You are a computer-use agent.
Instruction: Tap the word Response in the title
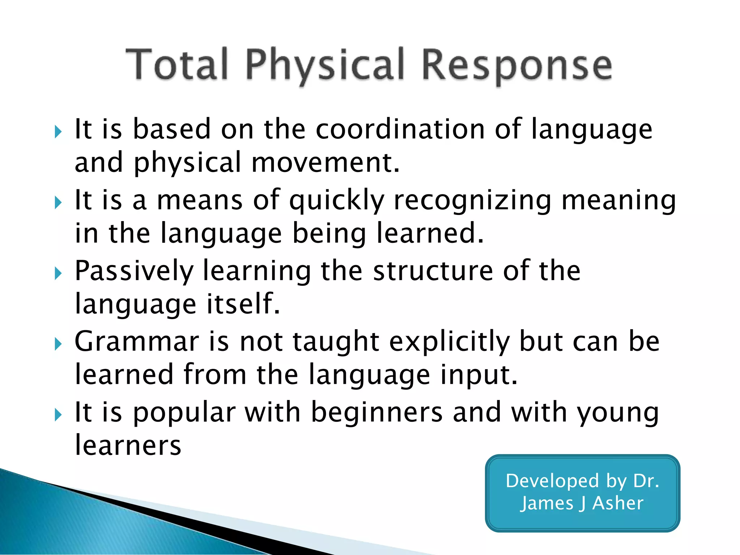[x=517, y=65]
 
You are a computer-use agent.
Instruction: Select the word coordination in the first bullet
[x=400, y=129]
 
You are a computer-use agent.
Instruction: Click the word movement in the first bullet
[x=325, y=163]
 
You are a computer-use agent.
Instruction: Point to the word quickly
[x=337, y=201]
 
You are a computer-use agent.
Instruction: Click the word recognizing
[x=472, y=201]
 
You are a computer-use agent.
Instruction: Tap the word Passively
[x=134, y=271]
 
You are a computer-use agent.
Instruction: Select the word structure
[x=433, y=271]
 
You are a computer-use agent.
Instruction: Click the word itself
[x=243, y=304]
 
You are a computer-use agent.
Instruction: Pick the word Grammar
[x=137, y=341]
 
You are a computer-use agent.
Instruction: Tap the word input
[x=479, y=375]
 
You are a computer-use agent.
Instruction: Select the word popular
[x=184, y=413]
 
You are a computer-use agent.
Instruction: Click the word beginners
[x=377, y=413]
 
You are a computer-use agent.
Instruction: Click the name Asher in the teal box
[x=618, y=503]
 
